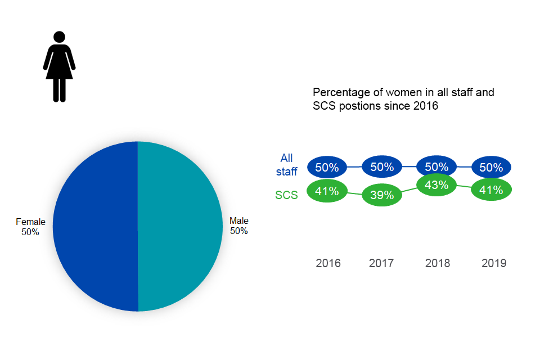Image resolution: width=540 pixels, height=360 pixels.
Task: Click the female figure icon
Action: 59,66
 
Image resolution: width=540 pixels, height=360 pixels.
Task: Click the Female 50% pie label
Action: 30,227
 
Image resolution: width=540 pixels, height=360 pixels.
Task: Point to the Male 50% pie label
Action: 239,226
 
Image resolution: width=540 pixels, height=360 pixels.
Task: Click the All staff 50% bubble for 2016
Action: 327,167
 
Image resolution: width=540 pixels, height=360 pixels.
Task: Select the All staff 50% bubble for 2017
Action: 382,166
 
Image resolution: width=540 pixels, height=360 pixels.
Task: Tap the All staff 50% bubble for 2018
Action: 436,166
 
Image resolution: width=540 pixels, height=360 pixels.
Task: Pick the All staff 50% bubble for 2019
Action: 491,168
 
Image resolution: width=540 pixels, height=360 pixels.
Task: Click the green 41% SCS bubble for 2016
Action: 327,191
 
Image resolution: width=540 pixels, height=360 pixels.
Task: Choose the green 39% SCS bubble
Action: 382,195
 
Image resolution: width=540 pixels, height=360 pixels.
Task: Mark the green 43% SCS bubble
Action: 436,185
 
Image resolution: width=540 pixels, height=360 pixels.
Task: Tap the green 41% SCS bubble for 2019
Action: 491,190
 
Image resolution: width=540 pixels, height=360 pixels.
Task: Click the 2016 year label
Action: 328,263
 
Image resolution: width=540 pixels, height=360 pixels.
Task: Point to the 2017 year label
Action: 381,263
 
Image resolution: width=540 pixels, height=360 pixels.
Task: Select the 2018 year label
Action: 438,263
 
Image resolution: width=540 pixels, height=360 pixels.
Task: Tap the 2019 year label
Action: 494,263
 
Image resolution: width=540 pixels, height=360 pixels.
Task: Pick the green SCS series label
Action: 286,196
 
